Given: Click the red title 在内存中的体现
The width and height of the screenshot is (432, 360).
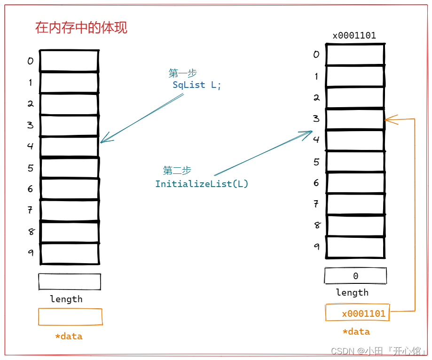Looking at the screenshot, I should [81, 28].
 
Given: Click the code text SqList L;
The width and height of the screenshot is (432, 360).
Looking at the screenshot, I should [196, 85].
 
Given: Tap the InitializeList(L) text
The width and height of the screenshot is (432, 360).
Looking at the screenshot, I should [202, 184].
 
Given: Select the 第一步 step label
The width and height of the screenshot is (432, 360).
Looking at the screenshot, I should [182, 73].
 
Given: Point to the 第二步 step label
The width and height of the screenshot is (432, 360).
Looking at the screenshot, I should [177, 170].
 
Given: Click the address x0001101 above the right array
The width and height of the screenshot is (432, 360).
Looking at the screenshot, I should [354, 36].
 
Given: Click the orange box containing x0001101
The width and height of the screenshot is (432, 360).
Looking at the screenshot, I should [358, 313].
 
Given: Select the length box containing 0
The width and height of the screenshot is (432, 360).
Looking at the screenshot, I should [355, 276].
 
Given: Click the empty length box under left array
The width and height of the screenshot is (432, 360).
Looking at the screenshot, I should [70, 282].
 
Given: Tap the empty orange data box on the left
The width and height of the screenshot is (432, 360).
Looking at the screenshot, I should [70, 317].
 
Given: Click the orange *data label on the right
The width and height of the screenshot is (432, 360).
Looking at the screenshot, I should [356, 332].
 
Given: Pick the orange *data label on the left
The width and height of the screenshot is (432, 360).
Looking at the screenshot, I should [69, 336].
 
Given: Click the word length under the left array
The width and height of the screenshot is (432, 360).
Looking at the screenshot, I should [66, 299].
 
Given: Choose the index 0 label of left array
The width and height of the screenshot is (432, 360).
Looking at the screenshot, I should [31, 61].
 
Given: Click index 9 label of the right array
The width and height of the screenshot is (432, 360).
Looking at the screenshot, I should [317, 246].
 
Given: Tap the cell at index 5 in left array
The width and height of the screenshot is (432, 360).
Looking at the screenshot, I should [70, 167].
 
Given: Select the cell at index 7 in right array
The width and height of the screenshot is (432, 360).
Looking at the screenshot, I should [355, 204].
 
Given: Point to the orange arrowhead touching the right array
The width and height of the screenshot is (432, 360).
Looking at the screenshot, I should [390, 120].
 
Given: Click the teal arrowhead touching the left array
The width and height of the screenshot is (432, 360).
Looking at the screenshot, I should [105, 139].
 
